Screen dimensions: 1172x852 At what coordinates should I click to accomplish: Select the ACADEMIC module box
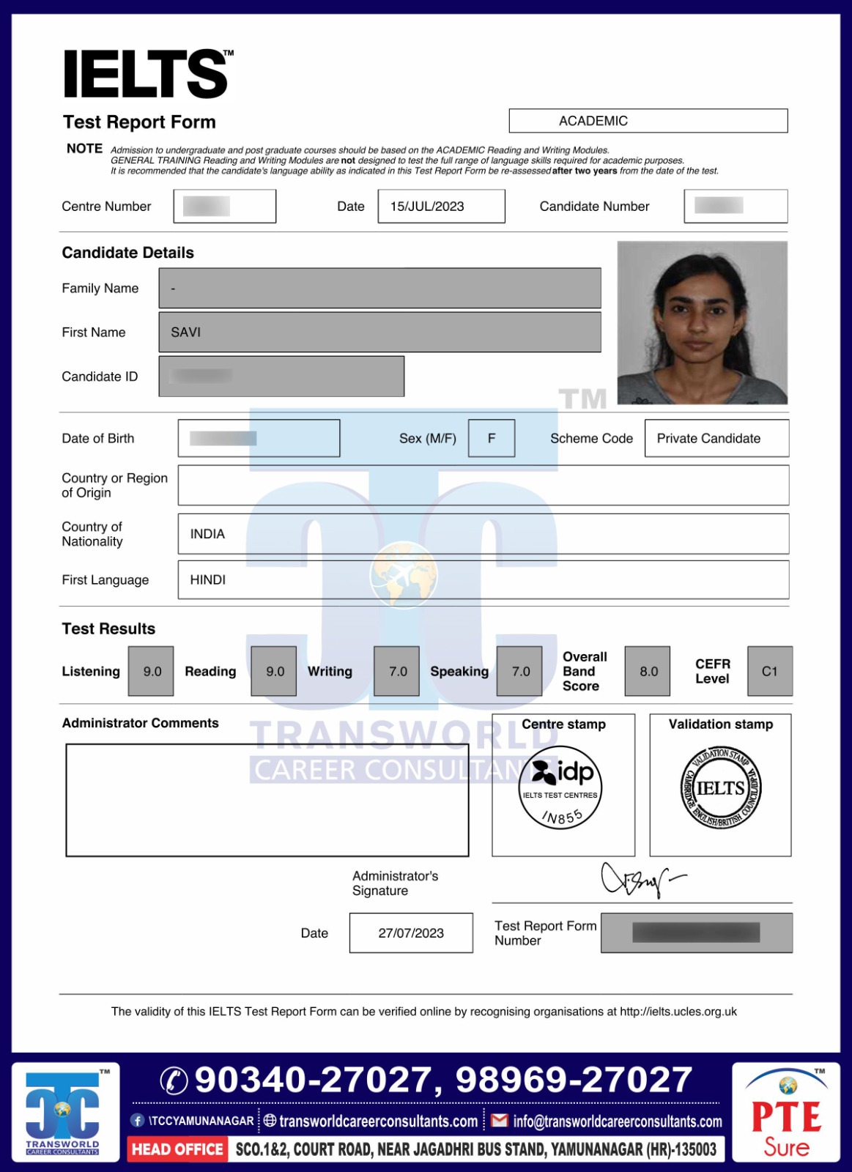tap(648, 121)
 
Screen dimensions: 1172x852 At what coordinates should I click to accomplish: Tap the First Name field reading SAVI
tap(379, 332)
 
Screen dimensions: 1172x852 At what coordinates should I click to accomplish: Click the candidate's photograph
tap(702, 322)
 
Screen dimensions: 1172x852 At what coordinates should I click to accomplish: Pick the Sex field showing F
tap(492, 438)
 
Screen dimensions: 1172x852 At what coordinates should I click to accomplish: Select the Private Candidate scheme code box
tap(716, 438)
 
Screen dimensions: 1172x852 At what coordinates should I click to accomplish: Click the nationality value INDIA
tap(208, 534)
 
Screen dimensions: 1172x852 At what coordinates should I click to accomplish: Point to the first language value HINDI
tap(208, 579)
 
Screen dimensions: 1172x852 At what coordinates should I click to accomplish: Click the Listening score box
tap(152, 671)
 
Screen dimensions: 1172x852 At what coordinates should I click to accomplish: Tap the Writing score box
tap(397, 671)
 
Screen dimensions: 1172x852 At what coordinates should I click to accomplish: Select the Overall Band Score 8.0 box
tap(648, 671)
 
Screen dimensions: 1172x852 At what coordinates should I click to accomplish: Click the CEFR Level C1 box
tap(769, 671)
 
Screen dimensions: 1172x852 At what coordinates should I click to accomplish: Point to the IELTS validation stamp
tap(721, 788)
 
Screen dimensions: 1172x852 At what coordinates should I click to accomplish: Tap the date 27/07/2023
tap(411, 933)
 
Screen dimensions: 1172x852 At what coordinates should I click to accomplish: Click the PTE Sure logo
tap(786, 1113)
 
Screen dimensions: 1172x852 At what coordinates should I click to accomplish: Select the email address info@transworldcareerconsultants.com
tap(617, 1121)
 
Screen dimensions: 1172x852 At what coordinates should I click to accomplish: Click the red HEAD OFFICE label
tap(177, 1149)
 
